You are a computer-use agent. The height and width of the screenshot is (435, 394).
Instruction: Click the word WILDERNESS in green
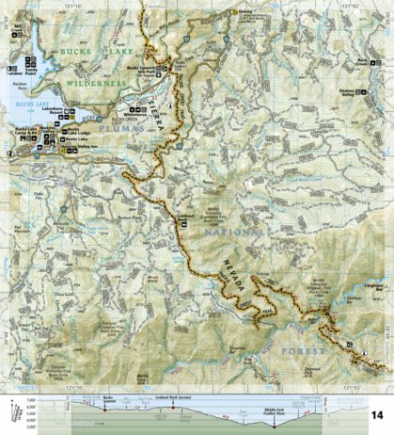click(x=97, y=84)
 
